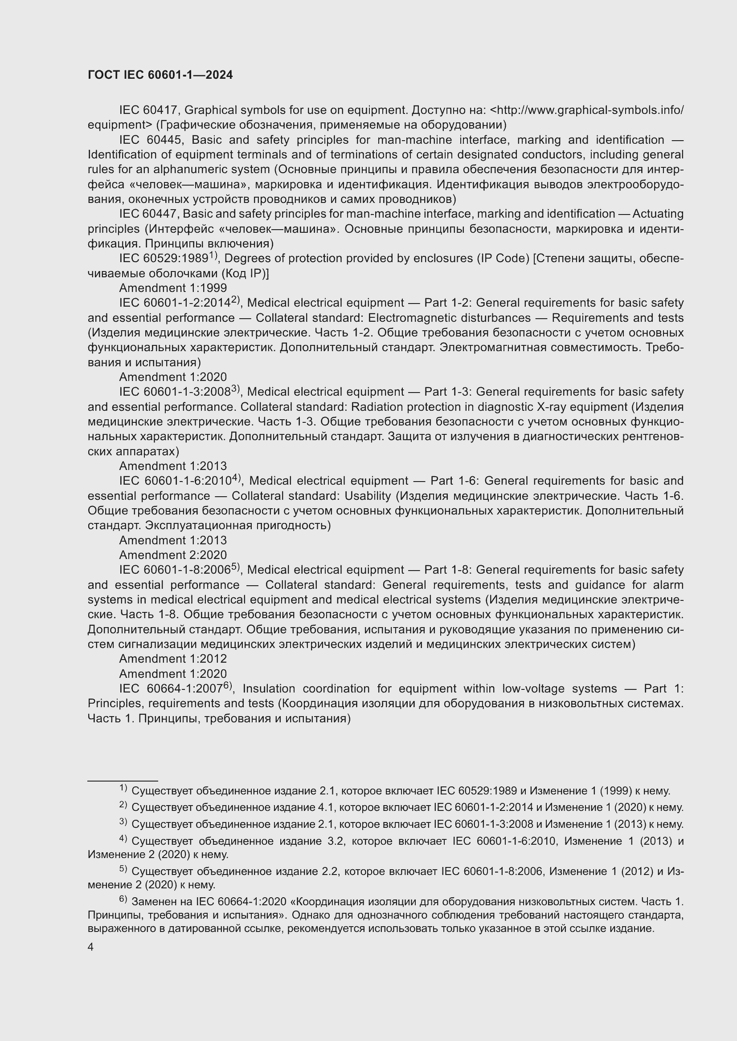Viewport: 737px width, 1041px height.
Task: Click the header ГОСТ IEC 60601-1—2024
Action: [160, 75]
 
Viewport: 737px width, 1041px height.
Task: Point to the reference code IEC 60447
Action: [149, 214]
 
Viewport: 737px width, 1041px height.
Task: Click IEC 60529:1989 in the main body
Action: [164, 259]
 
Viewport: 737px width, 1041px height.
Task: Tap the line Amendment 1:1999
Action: [173, 288]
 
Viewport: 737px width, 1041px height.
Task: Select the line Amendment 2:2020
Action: [173, 555]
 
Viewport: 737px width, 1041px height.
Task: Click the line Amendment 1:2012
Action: [173, 659]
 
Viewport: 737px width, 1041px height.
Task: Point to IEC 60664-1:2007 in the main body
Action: [170, 689]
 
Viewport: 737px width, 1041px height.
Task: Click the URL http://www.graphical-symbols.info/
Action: [590, 110]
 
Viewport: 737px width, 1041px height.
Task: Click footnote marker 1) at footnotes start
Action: [123, 789]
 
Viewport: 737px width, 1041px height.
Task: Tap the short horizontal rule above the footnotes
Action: [123, 781]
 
